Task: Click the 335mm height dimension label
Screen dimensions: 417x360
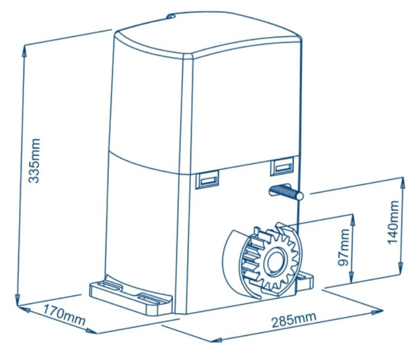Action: [35, 161]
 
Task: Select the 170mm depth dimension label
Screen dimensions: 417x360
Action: [64, 316]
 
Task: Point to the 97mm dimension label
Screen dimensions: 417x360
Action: [343, 247]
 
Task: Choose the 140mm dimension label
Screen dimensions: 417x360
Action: [393, 222]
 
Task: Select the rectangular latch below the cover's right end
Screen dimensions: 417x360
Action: [282, 166]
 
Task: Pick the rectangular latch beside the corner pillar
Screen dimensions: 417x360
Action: [207, 179]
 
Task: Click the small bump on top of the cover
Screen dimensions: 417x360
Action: [171, 16]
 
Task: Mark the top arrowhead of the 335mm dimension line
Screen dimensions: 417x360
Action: [24, 50]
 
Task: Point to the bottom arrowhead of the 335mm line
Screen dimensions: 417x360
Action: [18, 300]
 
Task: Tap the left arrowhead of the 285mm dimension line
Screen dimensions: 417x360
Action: [216, 340]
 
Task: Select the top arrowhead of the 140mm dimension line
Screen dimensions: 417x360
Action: [403, 183]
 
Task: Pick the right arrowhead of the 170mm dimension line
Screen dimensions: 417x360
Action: [92, 331]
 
